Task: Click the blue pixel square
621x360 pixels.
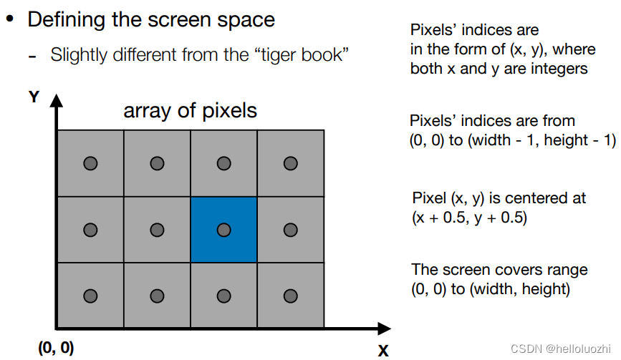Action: click(x=223, y=230)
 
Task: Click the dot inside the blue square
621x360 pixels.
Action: click(x=223, y=230)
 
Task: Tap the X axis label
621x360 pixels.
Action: click(x=383, y=350)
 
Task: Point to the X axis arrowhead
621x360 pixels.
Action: click(x=386, y=329)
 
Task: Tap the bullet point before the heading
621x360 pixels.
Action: click(x=10, y=19)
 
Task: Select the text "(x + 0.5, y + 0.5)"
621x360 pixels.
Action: click(x=469, y=218)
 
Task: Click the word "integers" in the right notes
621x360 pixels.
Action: click(x=559, y=69)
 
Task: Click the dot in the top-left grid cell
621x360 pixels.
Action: click(x=90, y=164)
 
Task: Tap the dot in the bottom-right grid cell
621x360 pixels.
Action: click(x=290, y=296)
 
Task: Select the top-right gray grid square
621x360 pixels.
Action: click(x=290, y=164)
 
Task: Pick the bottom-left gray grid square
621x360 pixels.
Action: click(x=90, y=296)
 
